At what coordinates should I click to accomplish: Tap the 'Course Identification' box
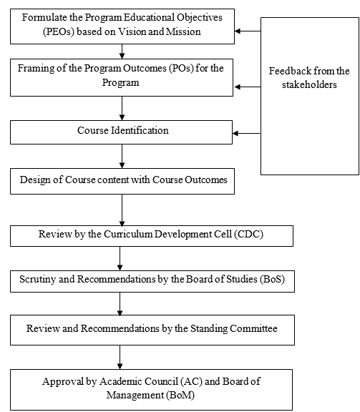pyautogui.click(x=122, y=131)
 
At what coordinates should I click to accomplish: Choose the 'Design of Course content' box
pyautogui.click(x=122, y=181)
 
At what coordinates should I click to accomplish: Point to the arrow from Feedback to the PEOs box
pyautogui.click(x=248, y=31)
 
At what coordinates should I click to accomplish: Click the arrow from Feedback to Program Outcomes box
pyautogui.click(x=248, y=87)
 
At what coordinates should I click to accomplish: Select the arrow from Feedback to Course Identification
pyautogui.click(x=248, y=133)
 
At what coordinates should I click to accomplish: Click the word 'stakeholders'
pyautogui.click(x=308, y=84)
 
